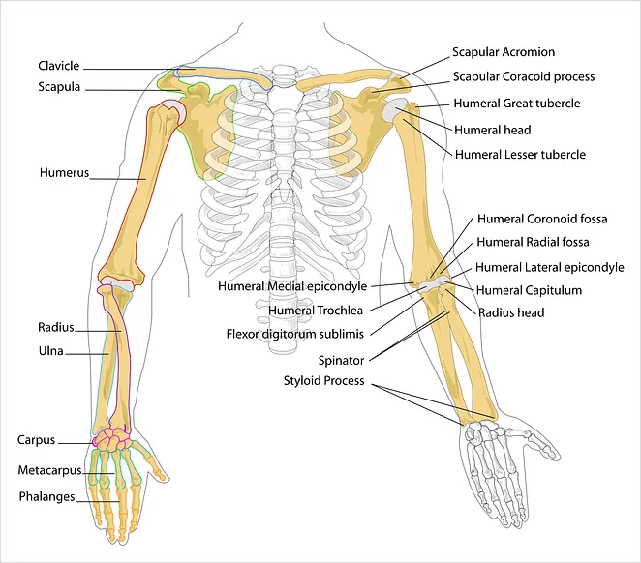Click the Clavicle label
(59, 66)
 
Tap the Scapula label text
(59, 87)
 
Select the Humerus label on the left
(64, 173)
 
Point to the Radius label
(56, 327)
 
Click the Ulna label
(51, 351)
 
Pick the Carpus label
(36, 440)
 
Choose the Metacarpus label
(50, 470)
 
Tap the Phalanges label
(47, 497)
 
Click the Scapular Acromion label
(504, 52)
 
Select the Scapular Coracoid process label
(524, 76)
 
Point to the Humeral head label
(493, 131)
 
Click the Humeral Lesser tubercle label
(520, 155)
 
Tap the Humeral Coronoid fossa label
(542, 220)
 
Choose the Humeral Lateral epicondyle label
(550, 267)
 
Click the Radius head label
(511, 313)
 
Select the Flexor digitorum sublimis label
(295, 335)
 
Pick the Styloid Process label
(324, 381)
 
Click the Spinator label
(342, 361)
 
